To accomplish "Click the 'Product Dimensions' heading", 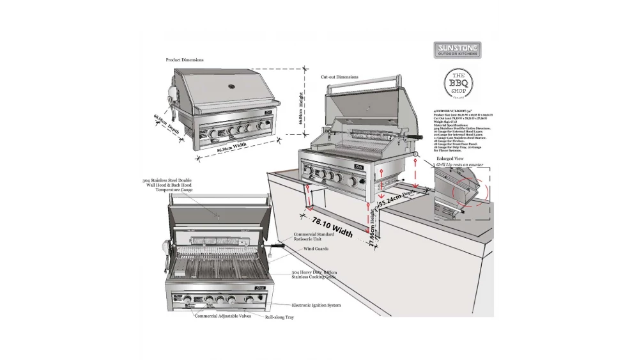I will click(x=185, y=59).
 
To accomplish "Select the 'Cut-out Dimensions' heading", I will click(x=339, y=77).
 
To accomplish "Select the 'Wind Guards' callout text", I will click(x=316, y=248).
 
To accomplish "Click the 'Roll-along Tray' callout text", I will click(x=280, y=317).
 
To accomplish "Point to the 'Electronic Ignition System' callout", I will click(x=316, y=305).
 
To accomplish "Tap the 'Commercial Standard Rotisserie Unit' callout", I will click(x=313, y=237).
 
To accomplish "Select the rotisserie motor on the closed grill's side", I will click(x=170, y=99).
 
